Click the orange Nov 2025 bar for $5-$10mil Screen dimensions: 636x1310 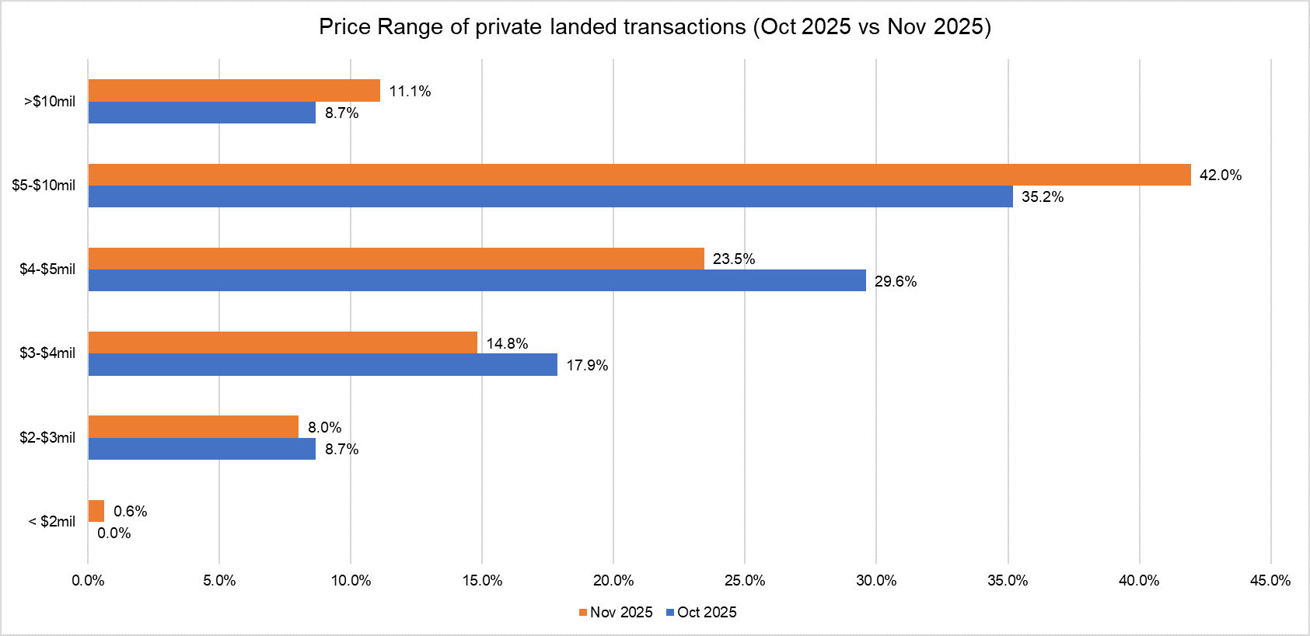tap(639, 175)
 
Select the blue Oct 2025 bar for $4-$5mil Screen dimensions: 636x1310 tap(477, 280)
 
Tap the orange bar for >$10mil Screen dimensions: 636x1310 tap(234, 91)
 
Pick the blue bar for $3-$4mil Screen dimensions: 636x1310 tap(323, 365)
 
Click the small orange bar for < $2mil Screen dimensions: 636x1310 tap(96, 511)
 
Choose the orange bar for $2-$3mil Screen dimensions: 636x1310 tap(194, 427)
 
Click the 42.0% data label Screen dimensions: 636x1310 tap(1220, 176)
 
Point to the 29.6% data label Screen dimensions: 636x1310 tap(895, 281)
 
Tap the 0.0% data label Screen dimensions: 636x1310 tap(114, 533)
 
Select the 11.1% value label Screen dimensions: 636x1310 tap(410, 92)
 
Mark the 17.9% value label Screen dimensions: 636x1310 tap(586, 366)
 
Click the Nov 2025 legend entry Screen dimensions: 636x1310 tap(616, 613)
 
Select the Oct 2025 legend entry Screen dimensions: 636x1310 tap(702, 613)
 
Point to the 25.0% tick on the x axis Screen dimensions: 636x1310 tap(745, 581)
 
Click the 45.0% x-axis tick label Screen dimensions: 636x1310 tap(1270, 581)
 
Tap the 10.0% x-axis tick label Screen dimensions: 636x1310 tap(351, 581)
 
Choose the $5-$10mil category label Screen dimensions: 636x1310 tap(44, 186)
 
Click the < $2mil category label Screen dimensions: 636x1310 tap(52, 522)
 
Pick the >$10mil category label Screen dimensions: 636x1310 tap(50, 102)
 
